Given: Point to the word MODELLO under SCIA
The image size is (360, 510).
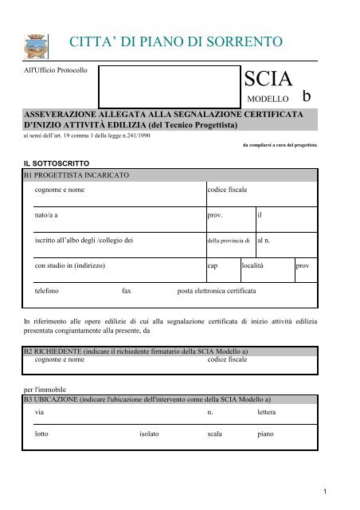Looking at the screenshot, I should tap(268, 101).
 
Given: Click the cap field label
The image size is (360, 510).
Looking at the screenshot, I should tap(213, 265).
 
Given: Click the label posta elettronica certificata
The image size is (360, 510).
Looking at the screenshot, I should tap(217, 292).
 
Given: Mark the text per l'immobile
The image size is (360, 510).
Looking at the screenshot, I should tap(41, 390).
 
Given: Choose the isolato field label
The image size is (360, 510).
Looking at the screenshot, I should tap(143, 436).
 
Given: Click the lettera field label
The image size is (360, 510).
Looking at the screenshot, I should tap(271, 414).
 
